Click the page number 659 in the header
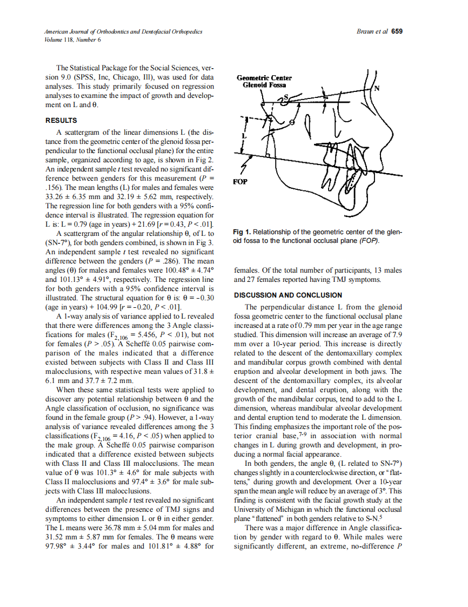click(397, 31)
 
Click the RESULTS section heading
click(61, 120)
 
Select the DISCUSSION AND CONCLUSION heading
click(288, 295)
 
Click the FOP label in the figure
click(241, 182)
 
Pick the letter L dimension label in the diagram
click(244, 137)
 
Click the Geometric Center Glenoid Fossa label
click(264, 81)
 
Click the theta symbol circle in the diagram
click(292, 122)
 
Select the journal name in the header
click(123, 31)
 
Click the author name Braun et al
click(373, 31)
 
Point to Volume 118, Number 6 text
click(72, 39)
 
